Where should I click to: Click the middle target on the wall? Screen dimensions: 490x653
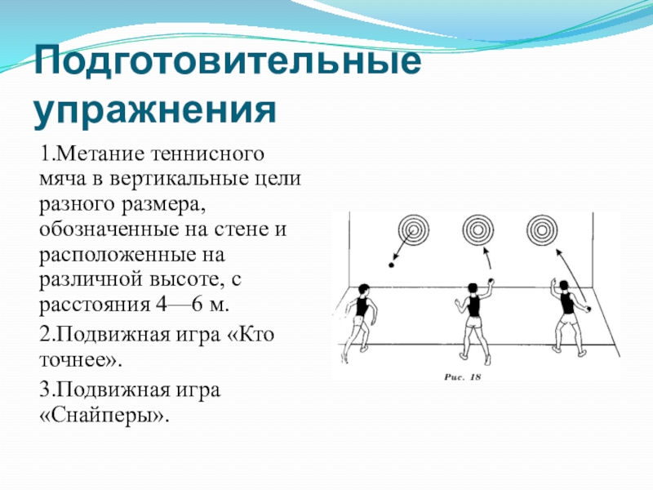click(476, 229)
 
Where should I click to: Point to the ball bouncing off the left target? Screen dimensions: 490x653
click(392, 265)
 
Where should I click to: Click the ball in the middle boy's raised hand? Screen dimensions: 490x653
click(491, 282)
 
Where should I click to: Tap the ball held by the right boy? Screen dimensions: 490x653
click(589, 309)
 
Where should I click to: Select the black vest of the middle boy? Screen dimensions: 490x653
click(473, 305)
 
